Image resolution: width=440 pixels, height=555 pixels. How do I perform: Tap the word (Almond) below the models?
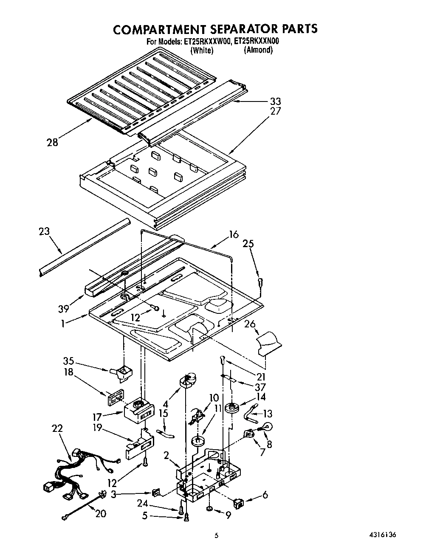[x=258, y=50]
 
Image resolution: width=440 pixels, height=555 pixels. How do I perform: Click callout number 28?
[x=52, y=143]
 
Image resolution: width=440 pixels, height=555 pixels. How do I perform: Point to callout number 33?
[x=275, y=101]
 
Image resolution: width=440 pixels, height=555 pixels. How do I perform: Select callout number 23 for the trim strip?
[x=44, y=231]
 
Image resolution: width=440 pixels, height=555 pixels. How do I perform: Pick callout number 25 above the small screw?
[x=248, y=244]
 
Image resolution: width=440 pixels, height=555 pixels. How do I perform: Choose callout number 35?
[x=68, y=361]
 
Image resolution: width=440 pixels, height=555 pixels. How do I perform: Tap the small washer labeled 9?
[x=210, y=509]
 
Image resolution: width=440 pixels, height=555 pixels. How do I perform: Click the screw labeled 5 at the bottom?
[x=186, y=516]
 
